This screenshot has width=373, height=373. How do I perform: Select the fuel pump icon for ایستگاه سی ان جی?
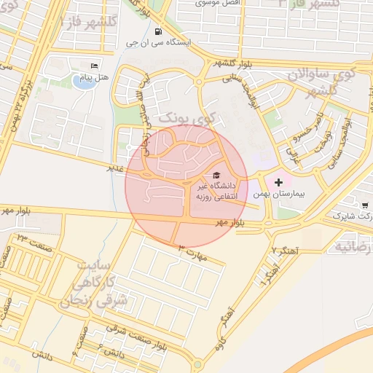point(158,31)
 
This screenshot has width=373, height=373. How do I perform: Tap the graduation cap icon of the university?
point(216,176)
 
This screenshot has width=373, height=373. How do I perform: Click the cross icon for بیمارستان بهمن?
point(278,181)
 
